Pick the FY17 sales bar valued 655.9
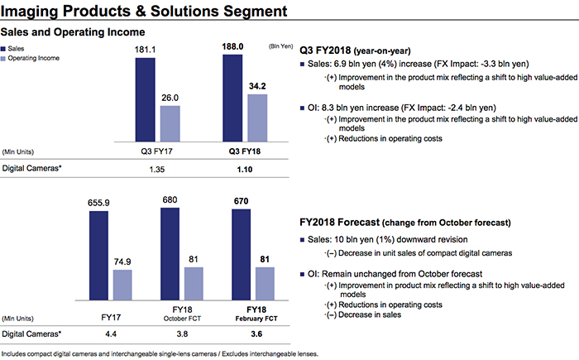pyautogui.click(x=98, y=257)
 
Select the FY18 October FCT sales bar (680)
pyautogui.click(x=170, y=256)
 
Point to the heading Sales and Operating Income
pyautogui.click(x=73, y=31)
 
